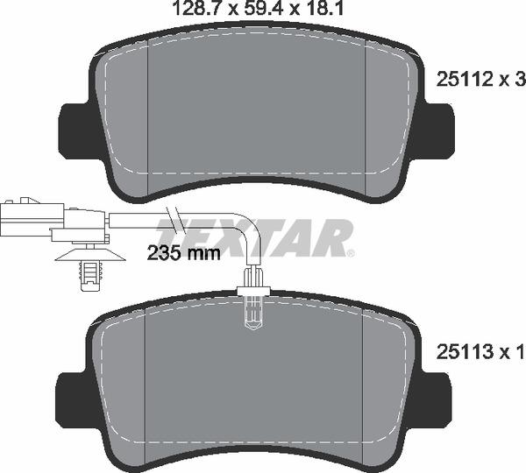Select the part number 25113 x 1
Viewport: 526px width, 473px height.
click(x=480, y=352)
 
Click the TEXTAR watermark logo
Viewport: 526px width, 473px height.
click(x=263, y=236)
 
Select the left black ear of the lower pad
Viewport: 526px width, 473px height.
click(x=75, y=396)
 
